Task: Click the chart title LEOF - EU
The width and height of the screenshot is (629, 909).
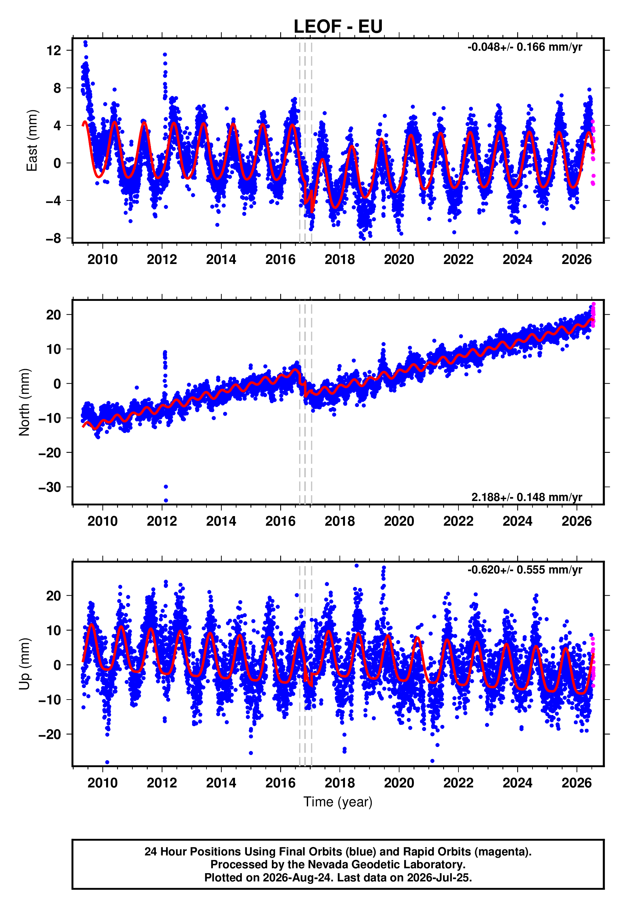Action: tap(338, 26)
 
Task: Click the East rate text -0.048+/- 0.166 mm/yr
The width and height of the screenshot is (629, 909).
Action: tap(524, 47)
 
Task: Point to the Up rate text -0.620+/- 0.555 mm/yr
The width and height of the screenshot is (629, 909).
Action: tap(524, 570)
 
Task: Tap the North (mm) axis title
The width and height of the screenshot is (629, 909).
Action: tap(24, 402)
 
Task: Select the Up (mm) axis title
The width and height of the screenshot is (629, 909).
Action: tap(24, 664)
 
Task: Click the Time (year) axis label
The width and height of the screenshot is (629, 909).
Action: tap(338, 802)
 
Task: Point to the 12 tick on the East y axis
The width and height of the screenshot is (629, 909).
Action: tap(54, 50)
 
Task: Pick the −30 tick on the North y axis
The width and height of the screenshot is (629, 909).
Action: tap(50, 487)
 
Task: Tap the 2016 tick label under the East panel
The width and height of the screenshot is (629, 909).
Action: tap(280, 259)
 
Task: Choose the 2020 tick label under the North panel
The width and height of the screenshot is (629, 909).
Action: tap(399, 521)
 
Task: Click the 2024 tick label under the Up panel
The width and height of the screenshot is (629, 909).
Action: tap(517, 783)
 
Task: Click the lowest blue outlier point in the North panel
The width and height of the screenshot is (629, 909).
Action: tap(166, 501)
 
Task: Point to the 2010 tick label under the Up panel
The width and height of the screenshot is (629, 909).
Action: tap(103, 783)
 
